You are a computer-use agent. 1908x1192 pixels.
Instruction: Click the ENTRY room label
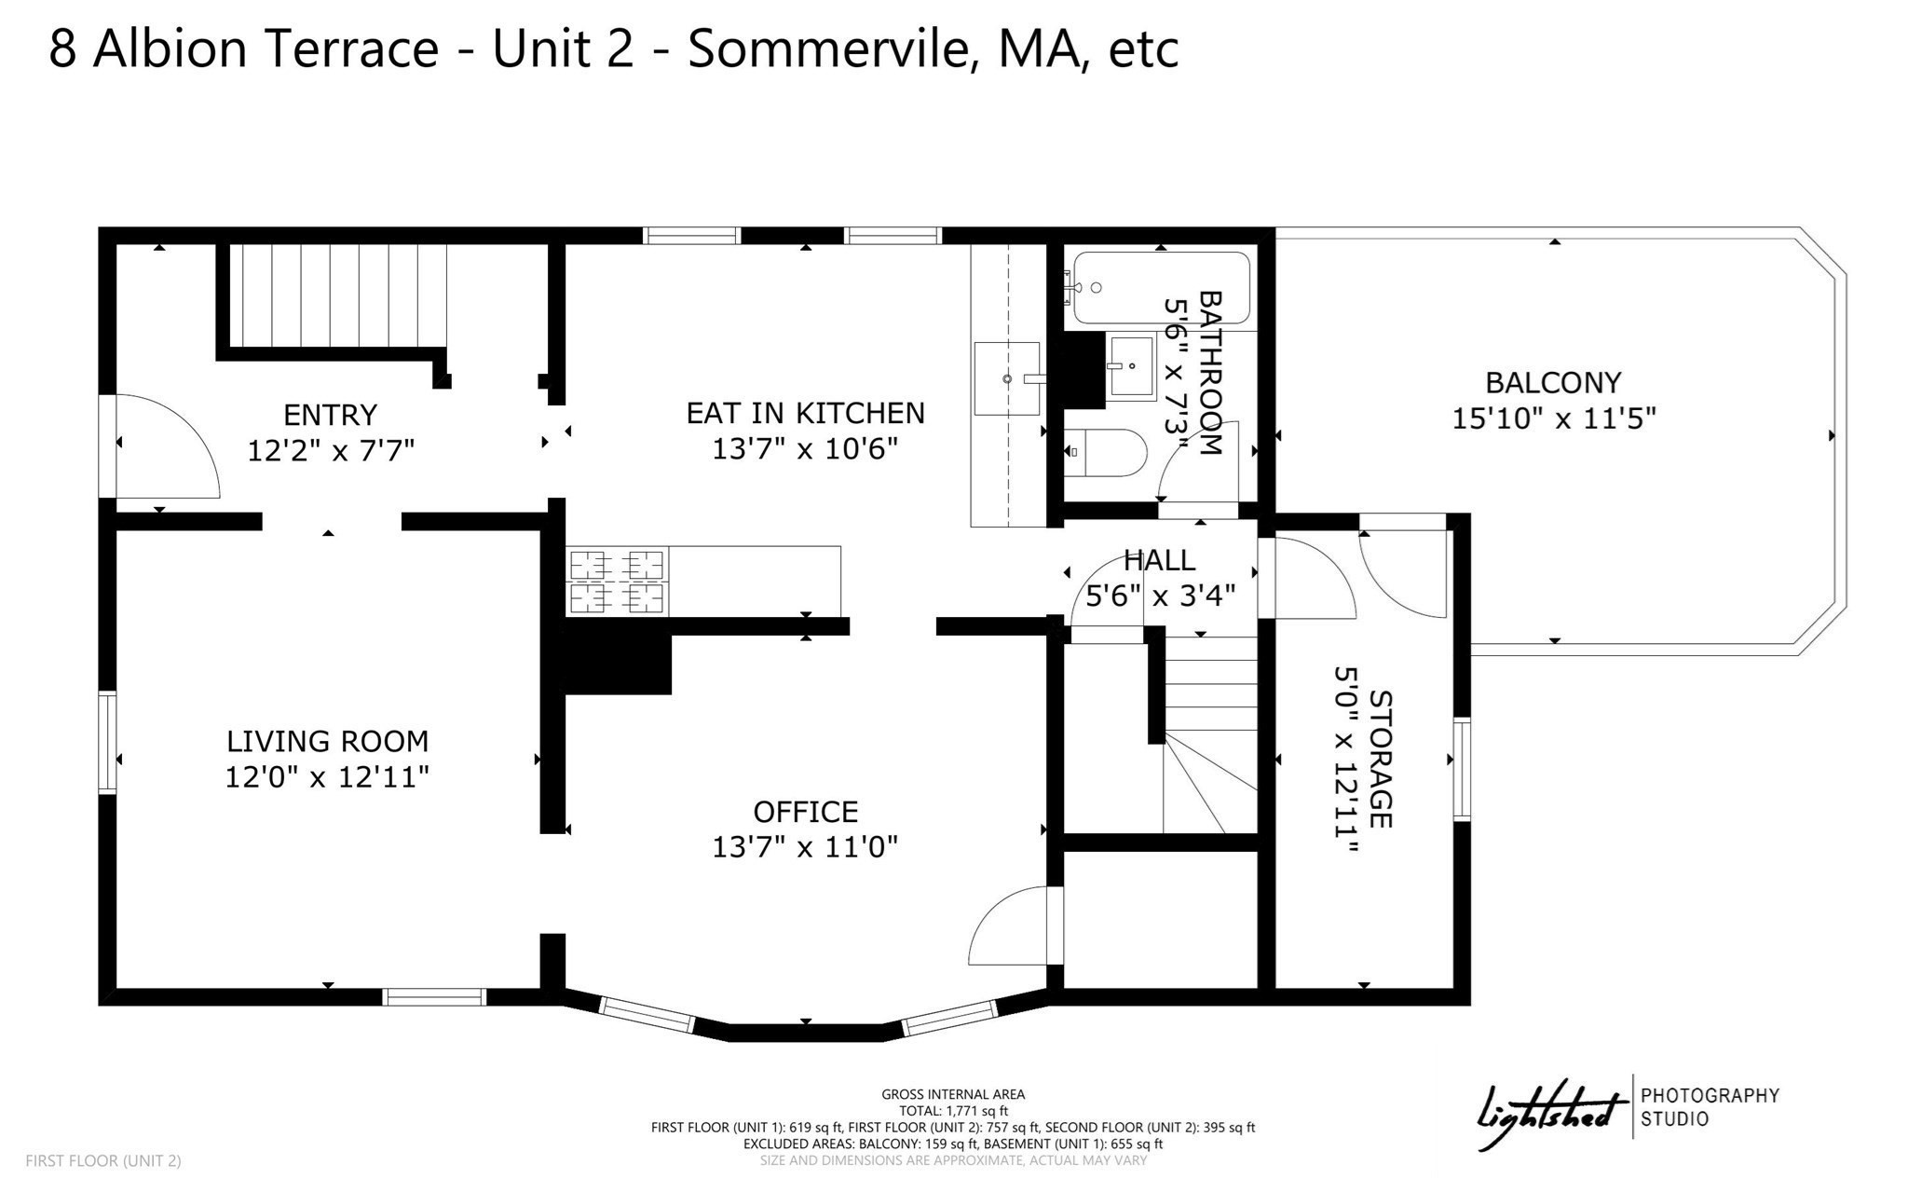click(330, 414)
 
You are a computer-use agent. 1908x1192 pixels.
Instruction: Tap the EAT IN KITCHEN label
click(805, 413)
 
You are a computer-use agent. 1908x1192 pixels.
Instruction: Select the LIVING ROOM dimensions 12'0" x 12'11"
click(327, 777)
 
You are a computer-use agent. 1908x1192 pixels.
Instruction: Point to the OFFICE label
click(805, 812)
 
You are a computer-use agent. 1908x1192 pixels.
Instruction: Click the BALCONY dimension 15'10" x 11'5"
click(1553, 418)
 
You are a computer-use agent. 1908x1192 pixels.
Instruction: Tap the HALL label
click(1159, 560)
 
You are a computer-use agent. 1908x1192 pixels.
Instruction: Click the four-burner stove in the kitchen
click(617, 582)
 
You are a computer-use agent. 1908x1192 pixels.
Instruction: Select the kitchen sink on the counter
click(1006, 377)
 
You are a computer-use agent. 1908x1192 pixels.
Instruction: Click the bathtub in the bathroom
click(1160, 288)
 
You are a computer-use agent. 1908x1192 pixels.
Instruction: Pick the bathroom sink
click(1130, 368)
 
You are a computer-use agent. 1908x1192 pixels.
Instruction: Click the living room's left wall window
click(108, 742)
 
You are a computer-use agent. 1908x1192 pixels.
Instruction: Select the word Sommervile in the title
click(833, 48)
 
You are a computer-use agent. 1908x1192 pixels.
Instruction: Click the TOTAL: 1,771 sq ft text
click(953, 1111)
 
